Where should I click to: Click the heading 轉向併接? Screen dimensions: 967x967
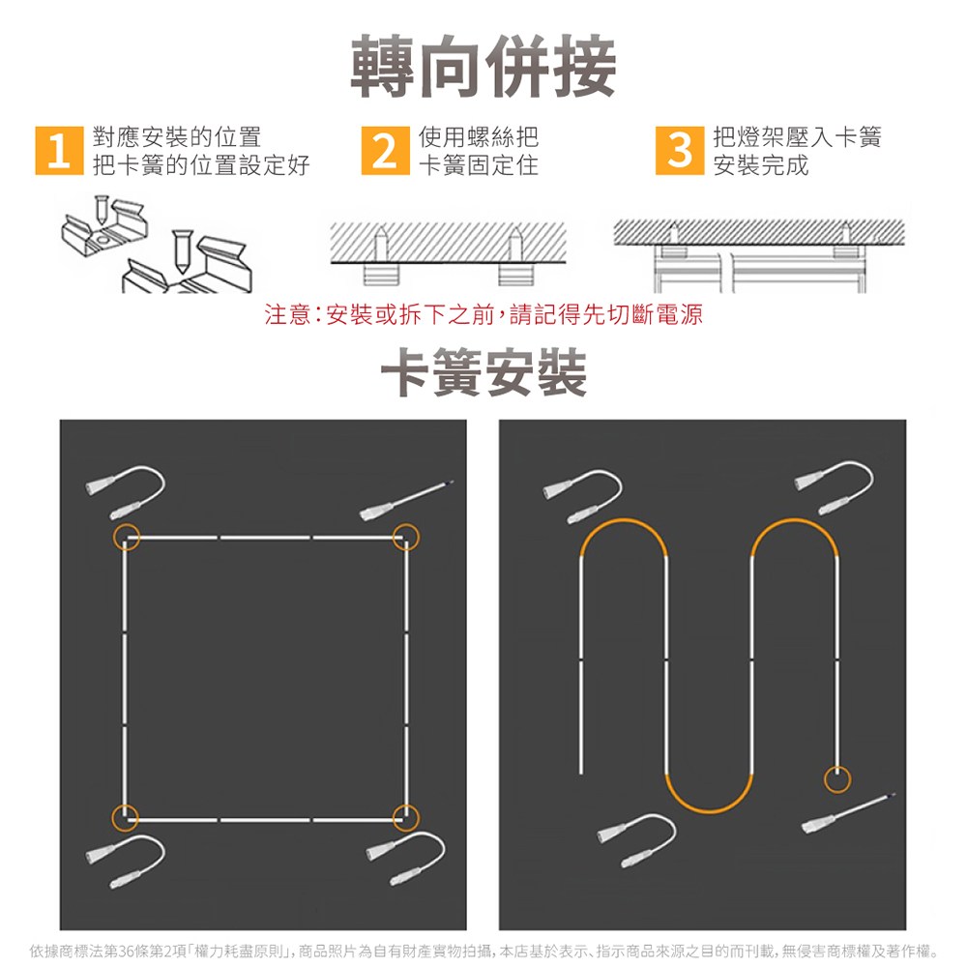(483, 66)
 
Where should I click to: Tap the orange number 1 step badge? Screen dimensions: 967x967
(59, 151)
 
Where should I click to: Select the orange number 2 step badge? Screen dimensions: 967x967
(386, 151)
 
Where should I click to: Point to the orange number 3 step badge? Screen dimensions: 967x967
(680, 151)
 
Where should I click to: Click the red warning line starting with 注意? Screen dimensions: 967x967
(483, 314)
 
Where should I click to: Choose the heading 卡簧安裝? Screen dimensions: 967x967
(483, 372)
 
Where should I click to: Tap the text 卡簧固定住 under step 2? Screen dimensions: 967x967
(479, 165)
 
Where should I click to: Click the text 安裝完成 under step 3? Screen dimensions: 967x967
(760, 165)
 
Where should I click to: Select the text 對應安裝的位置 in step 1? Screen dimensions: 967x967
(176, 137)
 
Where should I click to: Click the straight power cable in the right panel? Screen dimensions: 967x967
(848, 813)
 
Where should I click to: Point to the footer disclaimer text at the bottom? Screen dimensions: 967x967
(483, 951)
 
